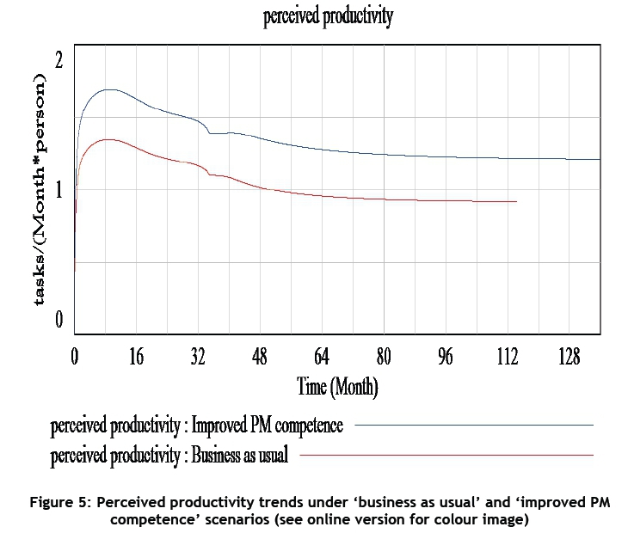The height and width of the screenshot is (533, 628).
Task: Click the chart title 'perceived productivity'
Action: [328, 18]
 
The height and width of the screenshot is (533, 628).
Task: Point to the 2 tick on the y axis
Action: [58, 60]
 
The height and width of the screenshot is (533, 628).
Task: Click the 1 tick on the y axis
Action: [58, 190]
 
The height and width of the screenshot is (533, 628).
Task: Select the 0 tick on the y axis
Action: [58, 320]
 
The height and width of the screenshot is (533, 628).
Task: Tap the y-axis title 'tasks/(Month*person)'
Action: [40, 190]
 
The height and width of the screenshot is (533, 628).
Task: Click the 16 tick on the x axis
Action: [137, 357]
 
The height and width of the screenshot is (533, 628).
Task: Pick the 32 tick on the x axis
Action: [198, 357]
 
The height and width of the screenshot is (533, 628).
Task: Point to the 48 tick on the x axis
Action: [260, 357]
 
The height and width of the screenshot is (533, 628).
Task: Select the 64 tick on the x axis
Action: [322, 357]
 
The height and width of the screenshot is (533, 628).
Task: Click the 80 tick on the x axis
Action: [384, 357]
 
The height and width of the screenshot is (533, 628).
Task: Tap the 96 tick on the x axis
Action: [445, 357]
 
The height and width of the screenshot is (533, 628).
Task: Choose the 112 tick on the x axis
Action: [507, 357]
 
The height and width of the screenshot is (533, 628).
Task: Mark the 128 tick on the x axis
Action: [569, 357]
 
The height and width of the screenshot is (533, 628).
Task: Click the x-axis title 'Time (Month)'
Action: [337, 386]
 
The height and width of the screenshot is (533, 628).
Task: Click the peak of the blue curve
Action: [108, 89]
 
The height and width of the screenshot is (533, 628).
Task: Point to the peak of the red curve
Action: [107, 139]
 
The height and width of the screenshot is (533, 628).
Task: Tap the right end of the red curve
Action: [516, 201]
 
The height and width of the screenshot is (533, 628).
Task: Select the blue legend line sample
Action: [474, 425]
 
